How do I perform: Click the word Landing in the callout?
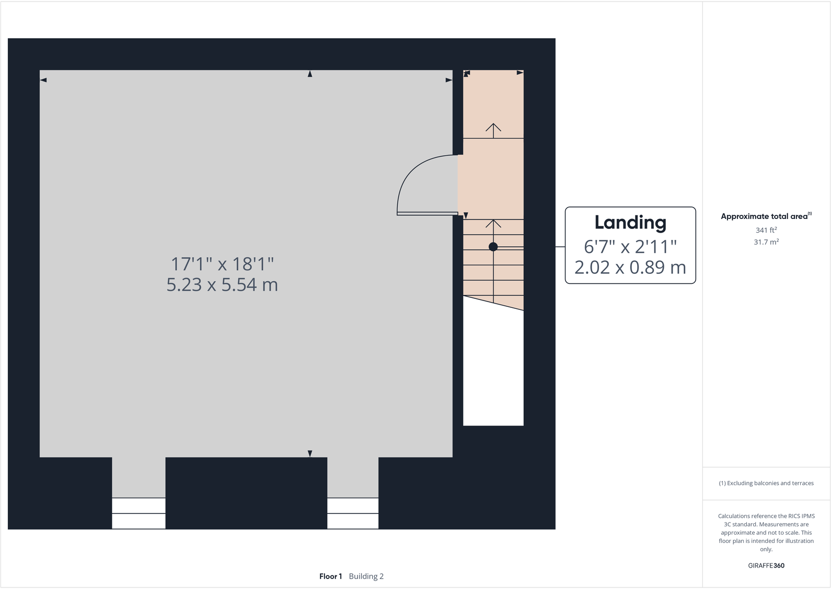(630, 223)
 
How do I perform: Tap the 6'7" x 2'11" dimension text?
(630, 246)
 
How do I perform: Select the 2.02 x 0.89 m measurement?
(630, 268)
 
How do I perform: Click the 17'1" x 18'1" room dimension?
(222, 264)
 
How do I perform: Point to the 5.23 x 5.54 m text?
(222, 285)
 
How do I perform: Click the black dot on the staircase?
(493, 247)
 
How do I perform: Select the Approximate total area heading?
(764, 216)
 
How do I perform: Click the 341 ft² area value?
(766, 230)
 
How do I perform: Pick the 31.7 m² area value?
(766, 242)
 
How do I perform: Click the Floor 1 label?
(330, 576)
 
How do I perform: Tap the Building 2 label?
(366, 576)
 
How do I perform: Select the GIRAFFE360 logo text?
(766, 565)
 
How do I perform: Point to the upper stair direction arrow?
(493, 128)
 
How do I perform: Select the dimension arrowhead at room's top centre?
(310, 74)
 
